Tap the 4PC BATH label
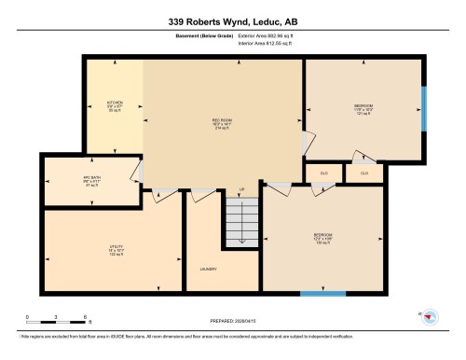tap(91, 178)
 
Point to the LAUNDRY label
tap(208, 270)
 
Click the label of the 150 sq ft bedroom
tap(323, 237)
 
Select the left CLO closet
tap(322, 173)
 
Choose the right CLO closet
tap(364, 173)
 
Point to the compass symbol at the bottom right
tap(429, 318)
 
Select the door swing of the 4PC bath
tap(136, 171)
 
